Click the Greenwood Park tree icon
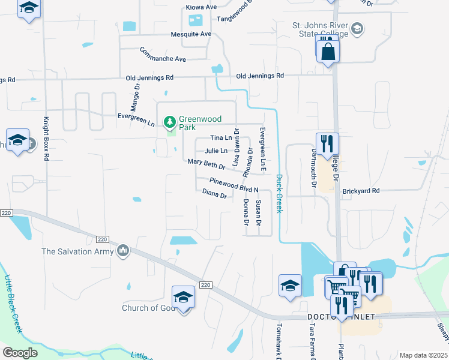tap(170, 122)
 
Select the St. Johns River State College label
tap(320, 30)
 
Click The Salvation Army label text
tap(77, 251)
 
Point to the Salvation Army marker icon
tap(123, 250)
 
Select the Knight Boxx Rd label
tap(46, 137)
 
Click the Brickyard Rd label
tap(361, 191)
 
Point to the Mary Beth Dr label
tap(206, 163)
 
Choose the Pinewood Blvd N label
tap(234, 185)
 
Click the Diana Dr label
tap(214, 194)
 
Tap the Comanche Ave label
tap(163, 54)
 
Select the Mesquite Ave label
tap(191, 34)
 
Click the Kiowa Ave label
tap(201, 7)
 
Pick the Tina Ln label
tap(220, 138)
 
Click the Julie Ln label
tap(216, 151)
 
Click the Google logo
tap(20, 353)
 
